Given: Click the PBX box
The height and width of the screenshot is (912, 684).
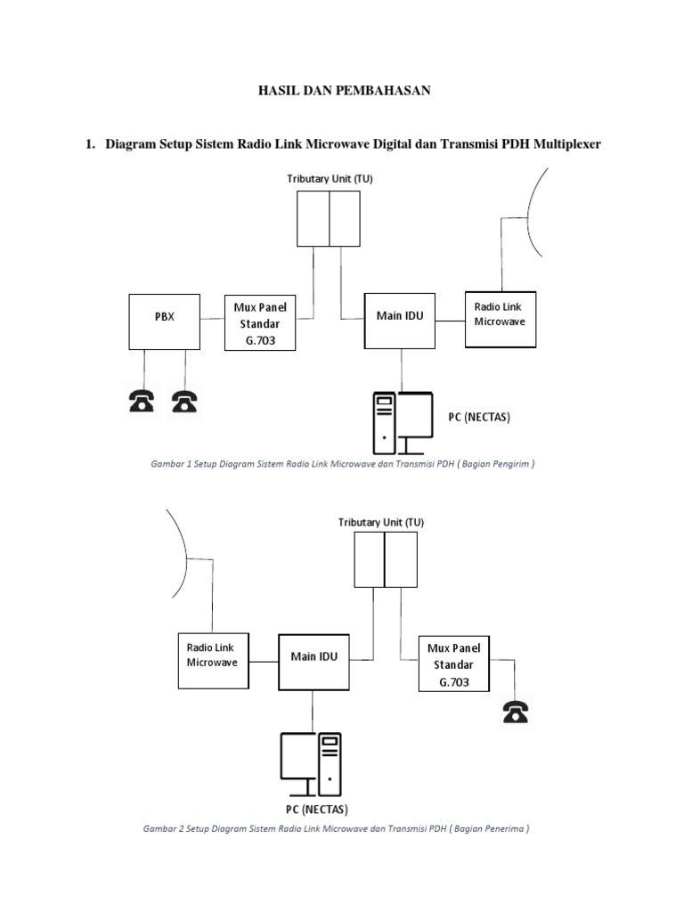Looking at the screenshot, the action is click(165, 322).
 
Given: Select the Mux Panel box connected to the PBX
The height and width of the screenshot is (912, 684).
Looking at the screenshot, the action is click(260, 322).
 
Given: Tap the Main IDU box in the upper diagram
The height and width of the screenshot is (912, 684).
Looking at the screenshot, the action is click(400, 321).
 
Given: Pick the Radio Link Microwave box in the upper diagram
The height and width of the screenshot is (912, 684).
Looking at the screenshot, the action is click(501, 320).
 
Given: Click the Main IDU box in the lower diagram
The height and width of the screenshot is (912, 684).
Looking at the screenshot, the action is click(314, 662).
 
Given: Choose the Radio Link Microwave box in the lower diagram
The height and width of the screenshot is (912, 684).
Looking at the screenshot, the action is click(214, 661).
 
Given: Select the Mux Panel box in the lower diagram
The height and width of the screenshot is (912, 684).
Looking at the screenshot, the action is click(454, 664).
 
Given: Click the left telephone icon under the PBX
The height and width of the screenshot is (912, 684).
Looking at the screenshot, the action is click(142, 402).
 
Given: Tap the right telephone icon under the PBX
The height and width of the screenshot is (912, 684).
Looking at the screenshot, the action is click(184, 402).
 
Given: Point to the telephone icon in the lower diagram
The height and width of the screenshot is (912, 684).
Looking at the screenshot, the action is click(516, 712).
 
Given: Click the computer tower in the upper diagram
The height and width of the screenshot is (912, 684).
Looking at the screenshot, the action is click(385, 423).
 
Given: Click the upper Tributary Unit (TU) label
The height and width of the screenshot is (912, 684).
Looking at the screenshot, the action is click(330, 178).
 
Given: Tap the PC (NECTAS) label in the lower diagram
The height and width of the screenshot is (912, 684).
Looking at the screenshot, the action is click(317, 809).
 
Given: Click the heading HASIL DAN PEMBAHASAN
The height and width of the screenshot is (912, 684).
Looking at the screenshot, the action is click(345, 90).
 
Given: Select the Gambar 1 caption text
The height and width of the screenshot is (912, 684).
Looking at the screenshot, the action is click(343, 463).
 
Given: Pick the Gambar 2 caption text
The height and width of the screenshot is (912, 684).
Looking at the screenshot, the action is click(336, 828).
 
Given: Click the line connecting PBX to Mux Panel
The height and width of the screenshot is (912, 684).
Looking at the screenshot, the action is click(212, 319).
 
